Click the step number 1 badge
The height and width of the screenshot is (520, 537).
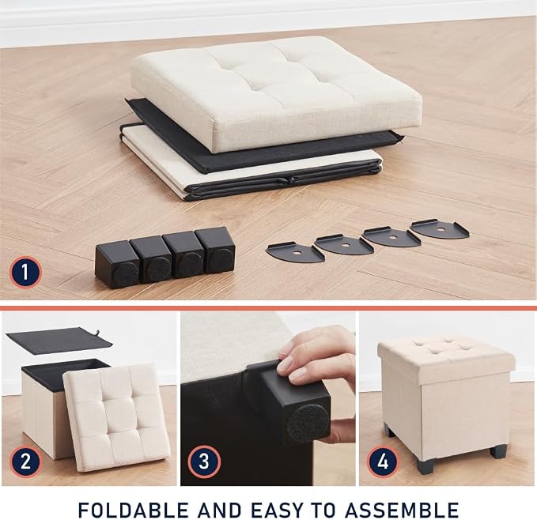tap(25, 273)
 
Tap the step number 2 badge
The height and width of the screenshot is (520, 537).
tap(25, 462)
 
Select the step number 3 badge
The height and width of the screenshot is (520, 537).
tap(204, 462)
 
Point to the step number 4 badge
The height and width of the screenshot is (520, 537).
tap(383, 462)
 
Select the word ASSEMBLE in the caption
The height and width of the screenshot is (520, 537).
tap(402, 510)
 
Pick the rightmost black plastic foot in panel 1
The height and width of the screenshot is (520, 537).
tap(216, 250)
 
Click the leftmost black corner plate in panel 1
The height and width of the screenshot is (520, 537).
tap(294, 252)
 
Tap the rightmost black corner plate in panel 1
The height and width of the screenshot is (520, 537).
tap(440, 229)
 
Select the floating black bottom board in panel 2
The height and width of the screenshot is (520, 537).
tap(59, 341)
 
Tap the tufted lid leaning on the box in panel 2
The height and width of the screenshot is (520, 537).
tap(116, 417)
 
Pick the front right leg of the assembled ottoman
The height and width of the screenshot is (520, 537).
tap(498, 451)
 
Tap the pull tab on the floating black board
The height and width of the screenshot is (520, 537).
tap(98, 333)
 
